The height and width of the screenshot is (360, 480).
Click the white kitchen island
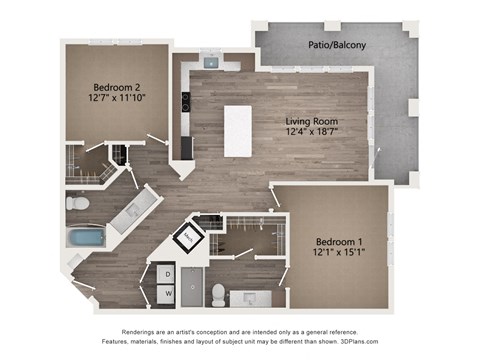coord(238,130)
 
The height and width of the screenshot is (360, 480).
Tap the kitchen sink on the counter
coord(212,62)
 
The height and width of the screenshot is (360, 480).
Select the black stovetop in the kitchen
coord(186,101)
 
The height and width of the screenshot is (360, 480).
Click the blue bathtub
coord(86,238)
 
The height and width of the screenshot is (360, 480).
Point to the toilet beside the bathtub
coord(78,202)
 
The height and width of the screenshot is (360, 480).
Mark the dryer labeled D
coord(167,273)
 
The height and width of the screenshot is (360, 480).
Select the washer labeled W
coord(167,294)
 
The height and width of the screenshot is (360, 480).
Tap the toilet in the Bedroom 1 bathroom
coord(218,292)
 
